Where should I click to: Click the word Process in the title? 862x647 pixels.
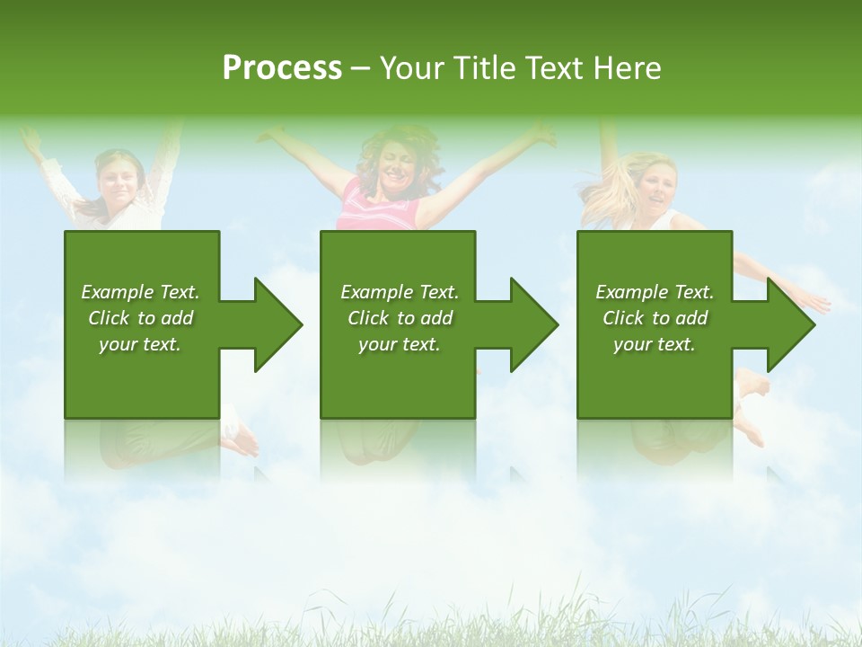coord(282,68)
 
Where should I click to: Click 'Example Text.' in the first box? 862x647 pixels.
coord(140,292)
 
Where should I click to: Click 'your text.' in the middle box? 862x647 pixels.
coord(400,344)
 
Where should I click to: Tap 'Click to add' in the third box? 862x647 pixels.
coord(655,318)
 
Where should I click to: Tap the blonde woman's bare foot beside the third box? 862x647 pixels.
coord(752,385)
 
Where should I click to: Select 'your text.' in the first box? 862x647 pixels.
coord(140,344)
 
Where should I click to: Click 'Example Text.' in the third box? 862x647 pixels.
coord(655,292)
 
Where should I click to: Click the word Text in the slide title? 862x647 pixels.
coord(551,68)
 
